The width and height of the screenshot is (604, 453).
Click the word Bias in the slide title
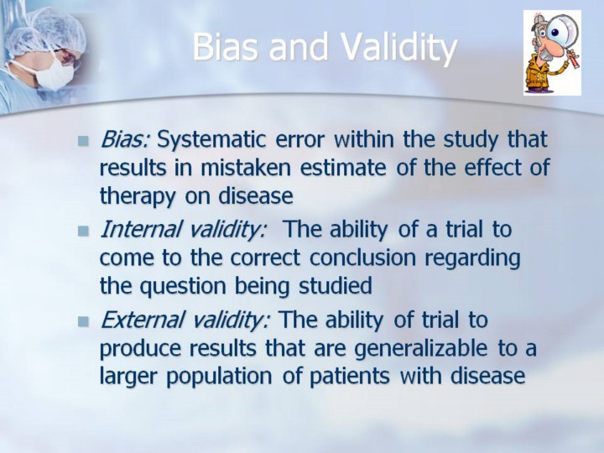pos(225,47)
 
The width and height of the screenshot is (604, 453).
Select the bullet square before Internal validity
pos(83,232)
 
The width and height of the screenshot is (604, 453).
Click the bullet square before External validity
pos(83,321)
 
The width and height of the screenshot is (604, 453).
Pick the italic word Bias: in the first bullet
pos(125,139)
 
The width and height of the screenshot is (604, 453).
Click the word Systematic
pos(212,140)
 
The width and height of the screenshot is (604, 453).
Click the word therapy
pos(138,197)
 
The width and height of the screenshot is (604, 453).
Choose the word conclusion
pos(363,258)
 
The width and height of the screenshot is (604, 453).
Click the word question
pos(183,288)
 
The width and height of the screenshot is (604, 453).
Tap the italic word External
pos(141,320)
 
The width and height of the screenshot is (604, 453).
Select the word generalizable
pos(420,349)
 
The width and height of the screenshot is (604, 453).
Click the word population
pos(219,377)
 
